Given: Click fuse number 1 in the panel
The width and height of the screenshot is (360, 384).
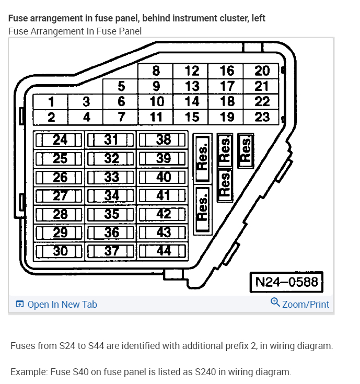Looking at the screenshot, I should [x=51, y=101].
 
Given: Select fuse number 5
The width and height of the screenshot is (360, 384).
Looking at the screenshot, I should [x=121, y=86].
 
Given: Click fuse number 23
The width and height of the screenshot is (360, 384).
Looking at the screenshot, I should [x=262, y=117].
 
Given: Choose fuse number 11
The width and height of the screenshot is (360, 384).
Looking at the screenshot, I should [x=156, y=117].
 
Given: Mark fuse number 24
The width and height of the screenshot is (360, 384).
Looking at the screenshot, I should [x=60, y=139].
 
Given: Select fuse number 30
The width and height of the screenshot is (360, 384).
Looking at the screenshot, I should [x=60, y=250].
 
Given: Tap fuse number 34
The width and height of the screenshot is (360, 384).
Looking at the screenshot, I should [x=111, y=195].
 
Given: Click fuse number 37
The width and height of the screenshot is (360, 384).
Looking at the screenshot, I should [x=111, y=250].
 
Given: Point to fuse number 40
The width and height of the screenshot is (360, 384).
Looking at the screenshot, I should [x=163, y=177].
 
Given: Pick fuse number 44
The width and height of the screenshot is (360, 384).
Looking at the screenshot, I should [x=163, y=250].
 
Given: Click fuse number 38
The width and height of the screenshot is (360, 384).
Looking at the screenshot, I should [x=163, y=139].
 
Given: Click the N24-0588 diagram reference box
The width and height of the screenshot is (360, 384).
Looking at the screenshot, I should [x=286, y=282].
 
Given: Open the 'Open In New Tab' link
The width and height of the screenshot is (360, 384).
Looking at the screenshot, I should [x=62, y=305].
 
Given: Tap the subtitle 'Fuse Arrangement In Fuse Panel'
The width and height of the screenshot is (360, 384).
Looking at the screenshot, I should [x=75, y=31].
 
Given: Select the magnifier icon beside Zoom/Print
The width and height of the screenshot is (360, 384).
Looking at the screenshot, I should [x=275, y=303].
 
